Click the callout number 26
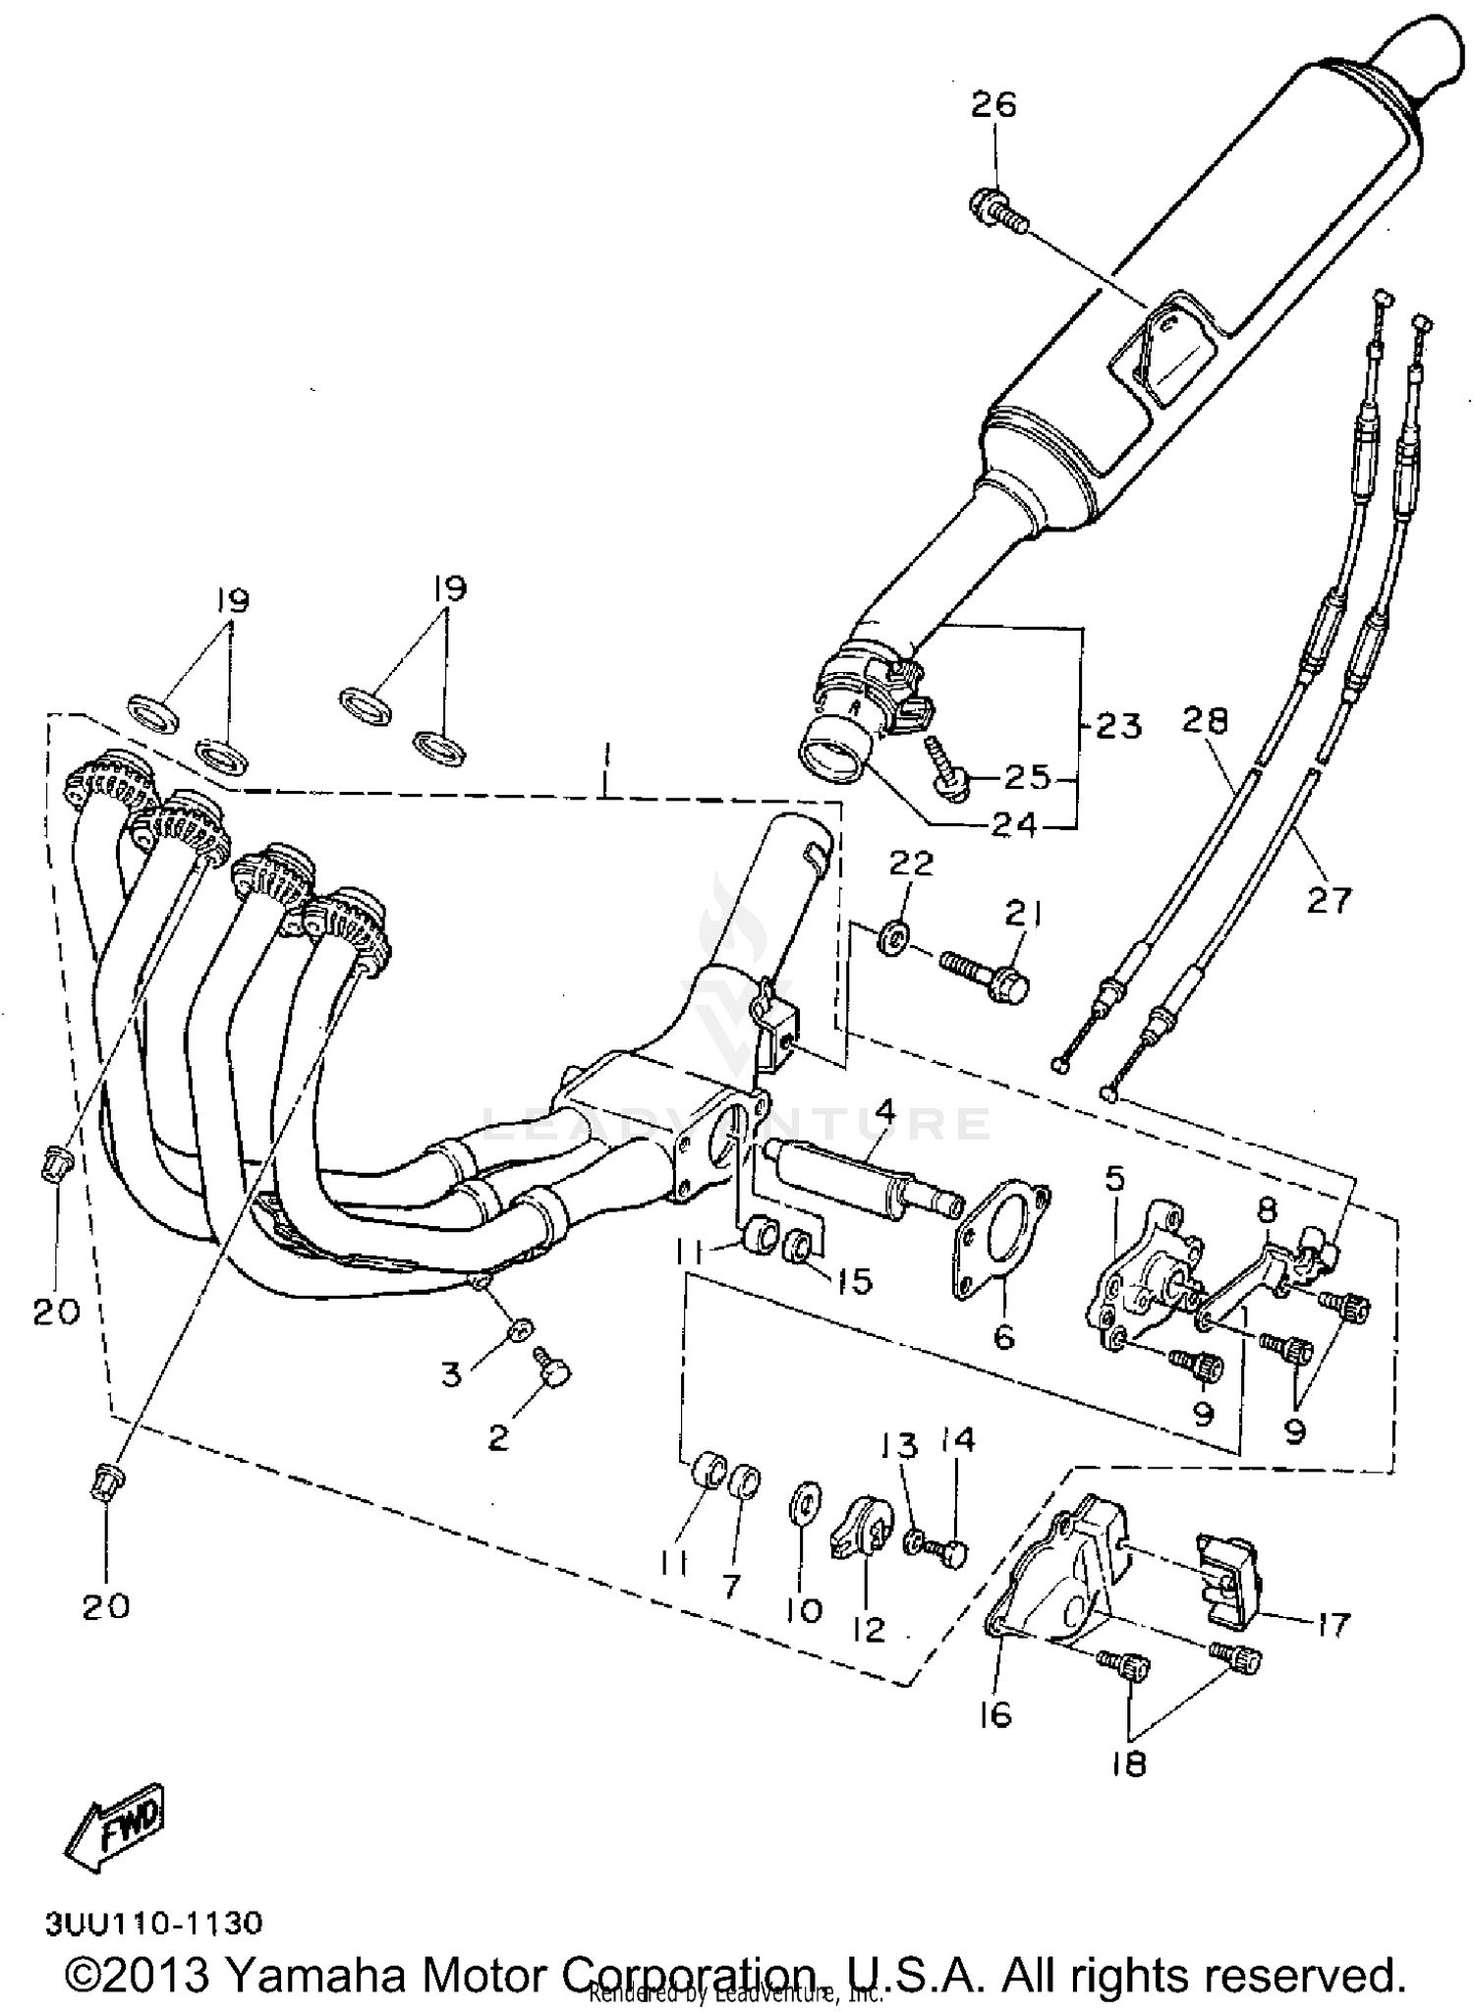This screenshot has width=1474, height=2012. click(x=993, y=105)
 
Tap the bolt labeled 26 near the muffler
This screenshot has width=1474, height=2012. click(x=996, y=209)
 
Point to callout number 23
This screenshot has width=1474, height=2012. click(x=1120, y=727)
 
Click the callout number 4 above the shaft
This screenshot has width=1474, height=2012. click(x=884, y=1112)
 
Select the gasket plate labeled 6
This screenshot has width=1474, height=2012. click(x=1001, y=1246)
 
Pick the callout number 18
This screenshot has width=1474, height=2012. click(x=1130, y=1764)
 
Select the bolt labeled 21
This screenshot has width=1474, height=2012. click(x=986, y=968)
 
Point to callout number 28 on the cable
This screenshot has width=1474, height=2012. click(x=1205, y=721)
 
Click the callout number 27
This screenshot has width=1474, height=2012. click(x=1329, y=899)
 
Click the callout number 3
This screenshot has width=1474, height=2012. click(x=451, y=1373)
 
